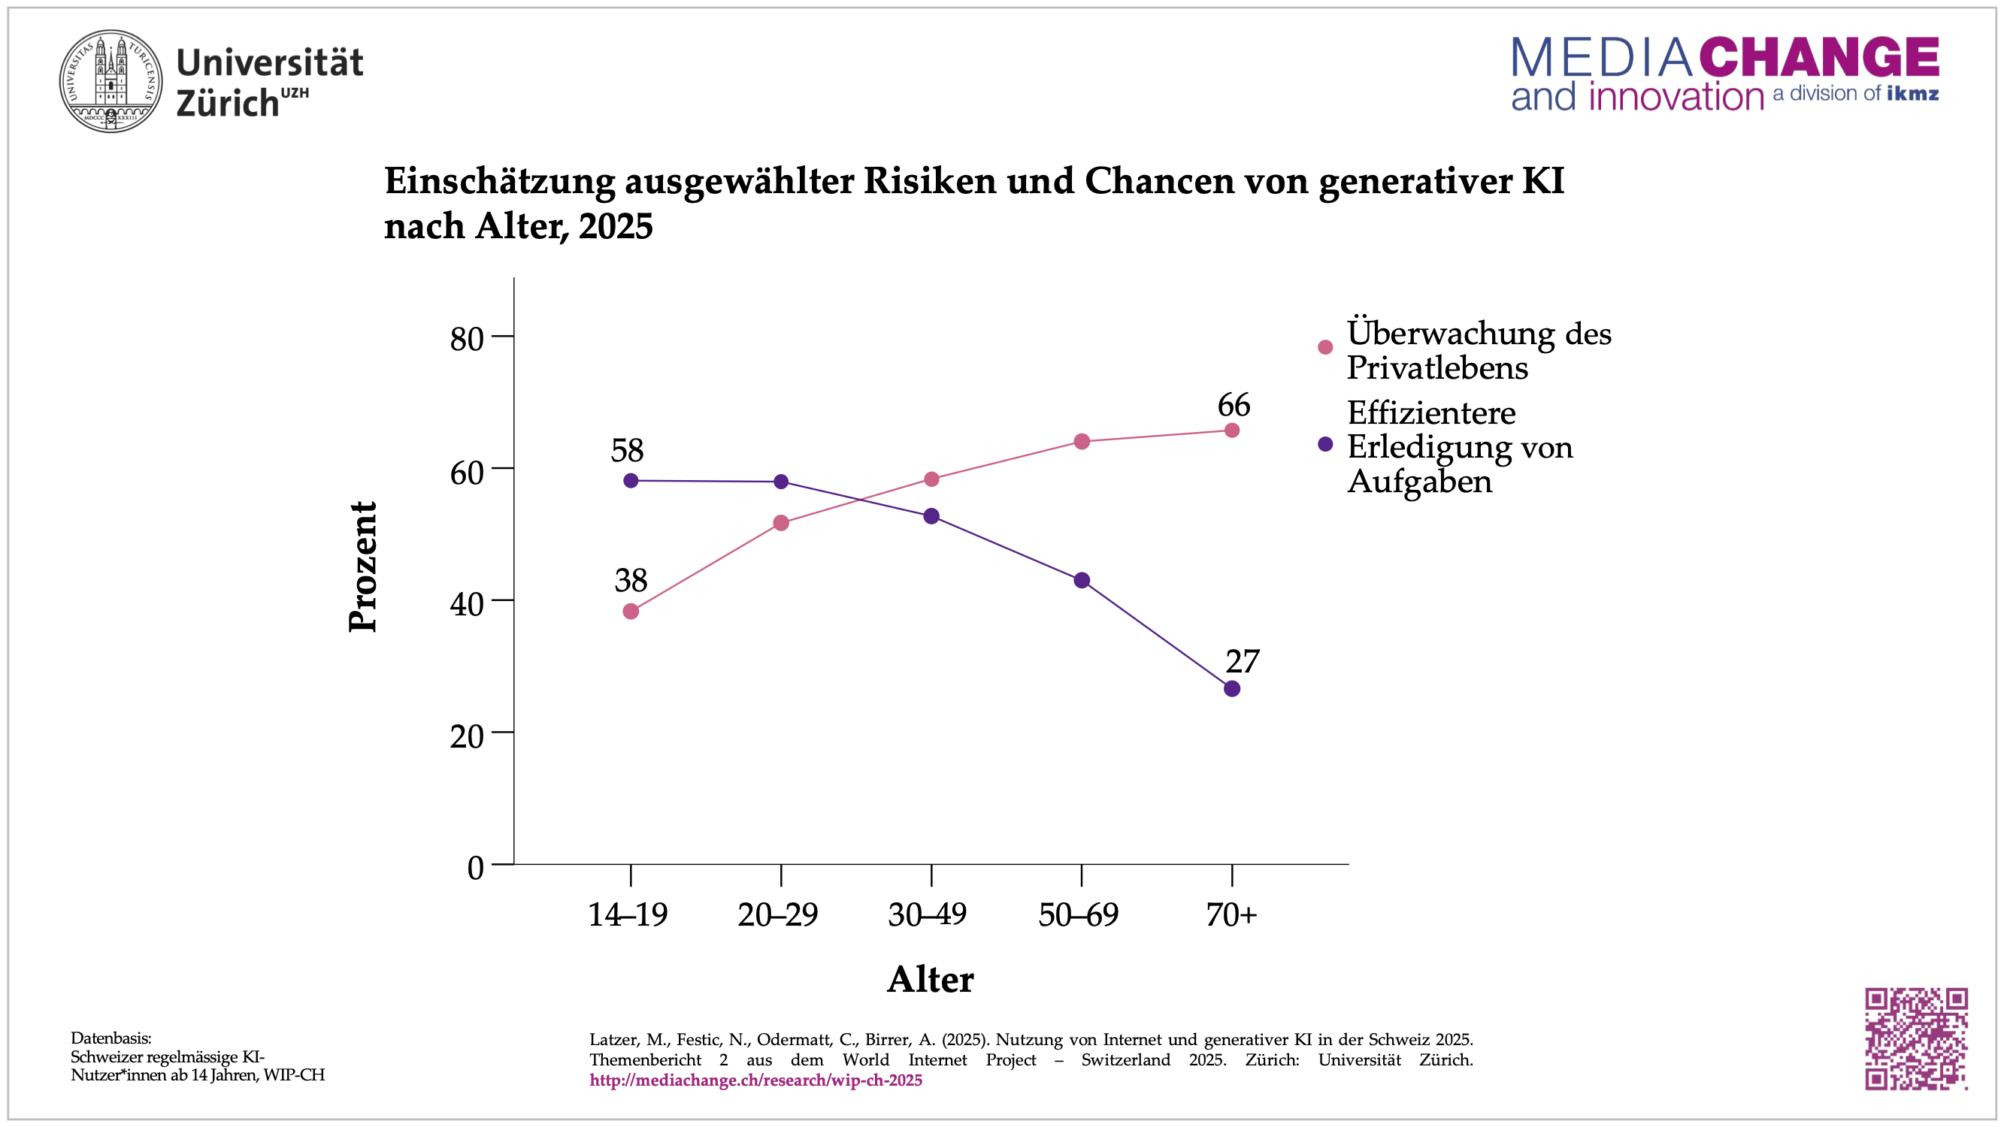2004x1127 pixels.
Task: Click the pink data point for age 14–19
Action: coord(631,612)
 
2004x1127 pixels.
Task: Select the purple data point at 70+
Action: coord(1231,688)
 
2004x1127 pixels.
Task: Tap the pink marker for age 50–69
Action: coord(1082,442)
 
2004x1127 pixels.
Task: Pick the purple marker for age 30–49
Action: coord(931,516)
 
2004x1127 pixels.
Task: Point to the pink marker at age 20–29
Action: coord(781,524)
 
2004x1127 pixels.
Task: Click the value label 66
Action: coord(1234,405)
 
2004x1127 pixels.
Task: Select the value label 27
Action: coord(1243,662)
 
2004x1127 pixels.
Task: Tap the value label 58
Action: coord(628,451)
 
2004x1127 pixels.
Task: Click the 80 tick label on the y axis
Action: coord(467,339)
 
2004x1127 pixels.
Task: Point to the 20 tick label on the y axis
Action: coord(467,736)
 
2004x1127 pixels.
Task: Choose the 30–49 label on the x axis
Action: coord(928,914)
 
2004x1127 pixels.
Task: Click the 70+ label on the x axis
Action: coord(1231,914)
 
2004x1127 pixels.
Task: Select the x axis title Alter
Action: coord(931,979)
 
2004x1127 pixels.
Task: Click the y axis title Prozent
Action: coord(362,567)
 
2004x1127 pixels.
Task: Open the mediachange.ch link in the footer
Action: coord(755,1080)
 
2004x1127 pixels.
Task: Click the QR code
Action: coord(1916,1038)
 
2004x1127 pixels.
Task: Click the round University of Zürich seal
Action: coord(111,82)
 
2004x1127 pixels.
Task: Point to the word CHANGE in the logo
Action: coord(1819,58)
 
